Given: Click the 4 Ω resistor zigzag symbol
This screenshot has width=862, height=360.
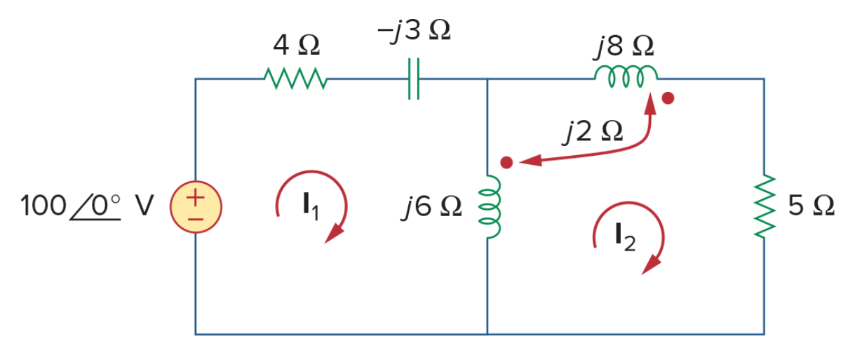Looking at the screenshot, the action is (295, 79).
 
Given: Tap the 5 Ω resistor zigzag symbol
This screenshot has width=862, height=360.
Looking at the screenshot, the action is (765, 206).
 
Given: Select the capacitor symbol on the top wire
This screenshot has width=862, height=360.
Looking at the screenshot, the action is (414, 79).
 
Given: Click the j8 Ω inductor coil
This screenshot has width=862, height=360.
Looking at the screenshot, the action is (626, 76).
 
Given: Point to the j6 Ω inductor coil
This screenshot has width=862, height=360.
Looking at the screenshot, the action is (489, 207).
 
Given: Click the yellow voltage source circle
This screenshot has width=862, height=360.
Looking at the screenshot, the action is (196, 207).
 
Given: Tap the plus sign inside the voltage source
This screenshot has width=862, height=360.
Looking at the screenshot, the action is (196, 198).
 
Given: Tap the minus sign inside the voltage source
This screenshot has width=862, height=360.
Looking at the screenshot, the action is (196, 220).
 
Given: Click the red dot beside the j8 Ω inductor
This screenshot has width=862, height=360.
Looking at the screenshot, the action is (668, 98).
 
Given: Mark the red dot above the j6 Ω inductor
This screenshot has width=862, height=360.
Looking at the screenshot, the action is (506, 163).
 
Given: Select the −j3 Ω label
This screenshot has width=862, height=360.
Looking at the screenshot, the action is (414, 30).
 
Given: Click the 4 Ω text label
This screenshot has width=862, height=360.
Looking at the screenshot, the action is (296, 46).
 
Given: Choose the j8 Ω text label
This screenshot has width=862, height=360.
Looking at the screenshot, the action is (624, 46).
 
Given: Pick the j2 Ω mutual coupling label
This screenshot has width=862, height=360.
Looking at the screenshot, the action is (593, 132).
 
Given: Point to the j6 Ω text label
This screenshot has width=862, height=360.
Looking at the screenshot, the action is (431, 207).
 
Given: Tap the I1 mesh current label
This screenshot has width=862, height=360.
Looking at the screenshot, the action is (311, 207).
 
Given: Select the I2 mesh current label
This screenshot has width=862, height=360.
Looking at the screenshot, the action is (626, 238).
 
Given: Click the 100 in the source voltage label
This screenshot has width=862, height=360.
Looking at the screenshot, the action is (43, 206).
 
